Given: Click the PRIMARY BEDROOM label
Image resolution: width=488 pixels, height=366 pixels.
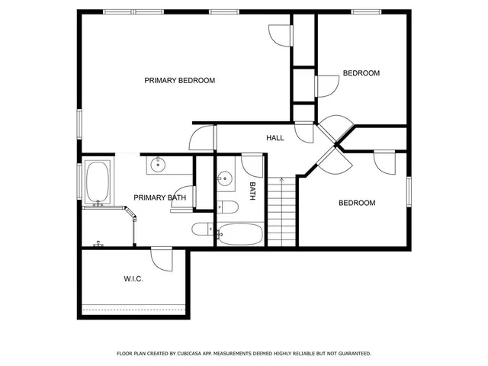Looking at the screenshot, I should [179, 80].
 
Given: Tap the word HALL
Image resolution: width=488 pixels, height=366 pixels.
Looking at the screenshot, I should [274, 138].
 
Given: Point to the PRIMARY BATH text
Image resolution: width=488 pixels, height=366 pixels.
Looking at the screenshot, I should [159, 198].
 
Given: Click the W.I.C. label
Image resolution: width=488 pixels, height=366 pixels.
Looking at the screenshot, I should [133, 279].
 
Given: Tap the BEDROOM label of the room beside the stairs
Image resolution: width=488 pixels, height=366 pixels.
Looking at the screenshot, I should [357, 203].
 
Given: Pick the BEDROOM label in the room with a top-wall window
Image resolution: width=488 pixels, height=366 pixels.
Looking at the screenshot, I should [361, 73].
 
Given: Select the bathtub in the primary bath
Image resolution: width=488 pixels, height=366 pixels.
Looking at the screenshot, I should [98, 184].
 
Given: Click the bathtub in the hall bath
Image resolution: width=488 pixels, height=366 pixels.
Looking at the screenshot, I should [240, 233].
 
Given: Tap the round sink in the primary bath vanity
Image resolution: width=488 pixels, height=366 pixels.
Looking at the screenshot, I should [159, 164].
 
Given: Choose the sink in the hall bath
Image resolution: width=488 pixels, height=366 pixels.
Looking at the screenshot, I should [225, 180].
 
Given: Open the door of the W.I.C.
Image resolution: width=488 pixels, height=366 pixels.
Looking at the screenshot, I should [162, 258].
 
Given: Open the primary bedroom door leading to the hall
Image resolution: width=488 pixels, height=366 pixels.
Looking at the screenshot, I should [203, 138].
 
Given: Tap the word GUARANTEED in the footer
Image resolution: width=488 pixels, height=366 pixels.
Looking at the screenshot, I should [351, 354].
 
